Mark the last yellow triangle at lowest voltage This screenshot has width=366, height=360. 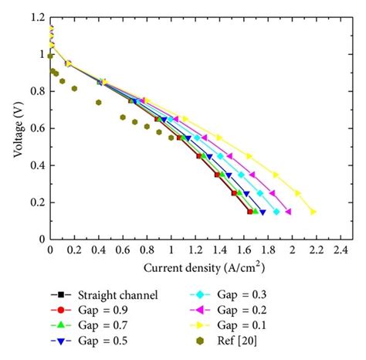(x=313, y=212)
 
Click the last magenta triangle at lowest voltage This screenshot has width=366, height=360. (x=288, y=212)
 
